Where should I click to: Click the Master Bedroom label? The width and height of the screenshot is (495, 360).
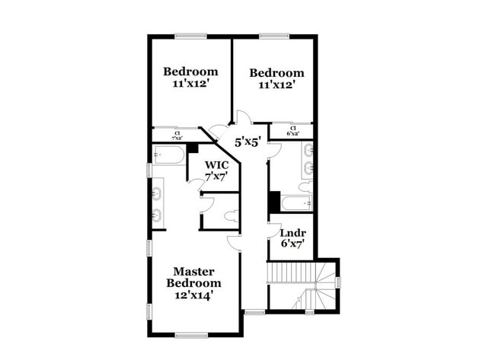[193, 277]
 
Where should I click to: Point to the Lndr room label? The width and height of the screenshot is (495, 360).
[292, 233]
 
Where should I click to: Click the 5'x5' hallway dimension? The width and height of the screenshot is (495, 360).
[247, 142]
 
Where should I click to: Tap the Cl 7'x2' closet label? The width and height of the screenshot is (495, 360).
[177, 135]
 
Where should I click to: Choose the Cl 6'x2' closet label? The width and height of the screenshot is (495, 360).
[292, 130]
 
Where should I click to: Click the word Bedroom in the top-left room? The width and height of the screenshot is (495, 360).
[190, 72]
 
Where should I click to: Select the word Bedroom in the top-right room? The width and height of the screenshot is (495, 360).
[276, 73]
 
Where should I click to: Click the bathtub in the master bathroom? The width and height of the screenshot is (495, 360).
[168, 156]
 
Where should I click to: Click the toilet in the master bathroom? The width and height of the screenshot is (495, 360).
[229, 215]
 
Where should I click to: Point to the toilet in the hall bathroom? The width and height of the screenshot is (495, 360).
[305, 186]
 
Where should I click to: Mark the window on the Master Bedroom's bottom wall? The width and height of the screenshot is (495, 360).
[192, 334]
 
